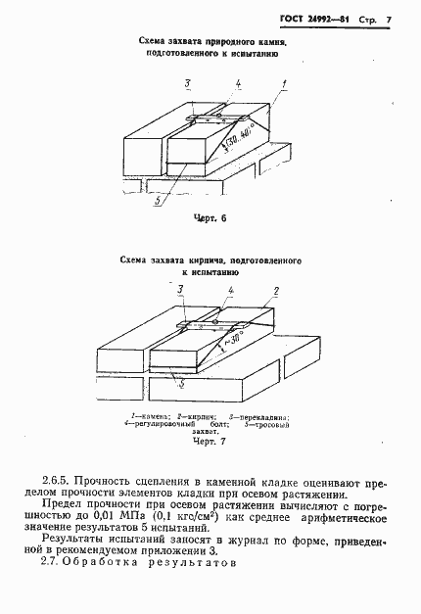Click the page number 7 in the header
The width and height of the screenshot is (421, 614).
[x=389, y=20]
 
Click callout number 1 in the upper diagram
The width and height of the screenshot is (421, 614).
[x=285, y=86]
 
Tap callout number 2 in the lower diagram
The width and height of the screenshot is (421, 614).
[x=277, y=291]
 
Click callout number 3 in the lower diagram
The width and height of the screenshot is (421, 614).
[x=180, y=290]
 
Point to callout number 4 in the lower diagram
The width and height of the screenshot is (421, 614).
[x=229, y=291]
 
